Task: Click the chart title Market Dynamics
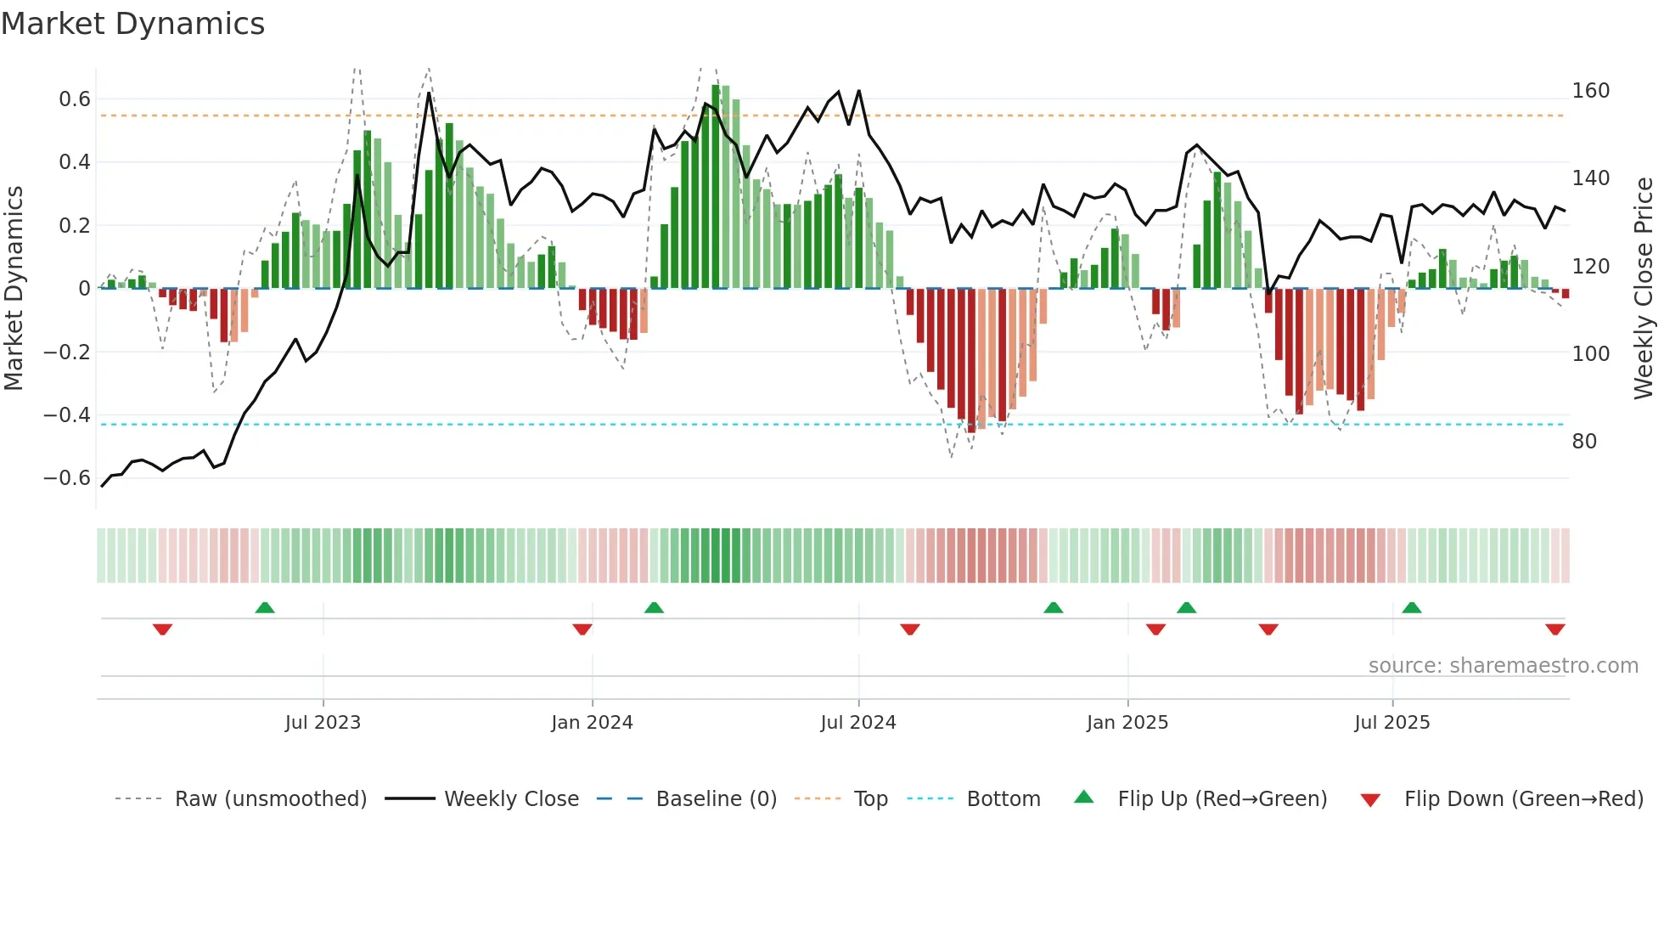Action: tap(133, 24)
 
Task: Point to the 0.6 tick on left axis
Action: tap(75, 99)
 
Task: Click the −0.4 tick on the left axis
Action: tap(67, 415)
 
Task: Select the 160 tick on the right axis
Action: tap(1590, 91)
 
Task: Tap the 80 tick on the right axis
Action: tap(1584, 442)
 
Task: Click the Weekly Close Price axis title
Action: tap(1644, 288)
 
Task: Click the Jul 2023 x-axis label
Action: tap(323, 723)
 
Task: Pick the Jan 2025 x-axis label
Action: tap(1127, 723)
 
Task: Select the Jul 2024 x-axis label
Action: tap(857, 723)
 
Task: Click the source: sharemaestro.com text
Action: tap(1503, 666)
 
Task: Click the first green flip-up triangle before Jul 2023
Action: tap(265, 607)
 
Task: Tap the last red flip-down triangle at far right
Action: tap(1554, 629)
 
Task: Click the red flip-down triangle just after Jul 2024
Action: tap(910, 629)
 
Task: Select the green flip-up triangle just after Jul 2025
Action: tap(1412, 607)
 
